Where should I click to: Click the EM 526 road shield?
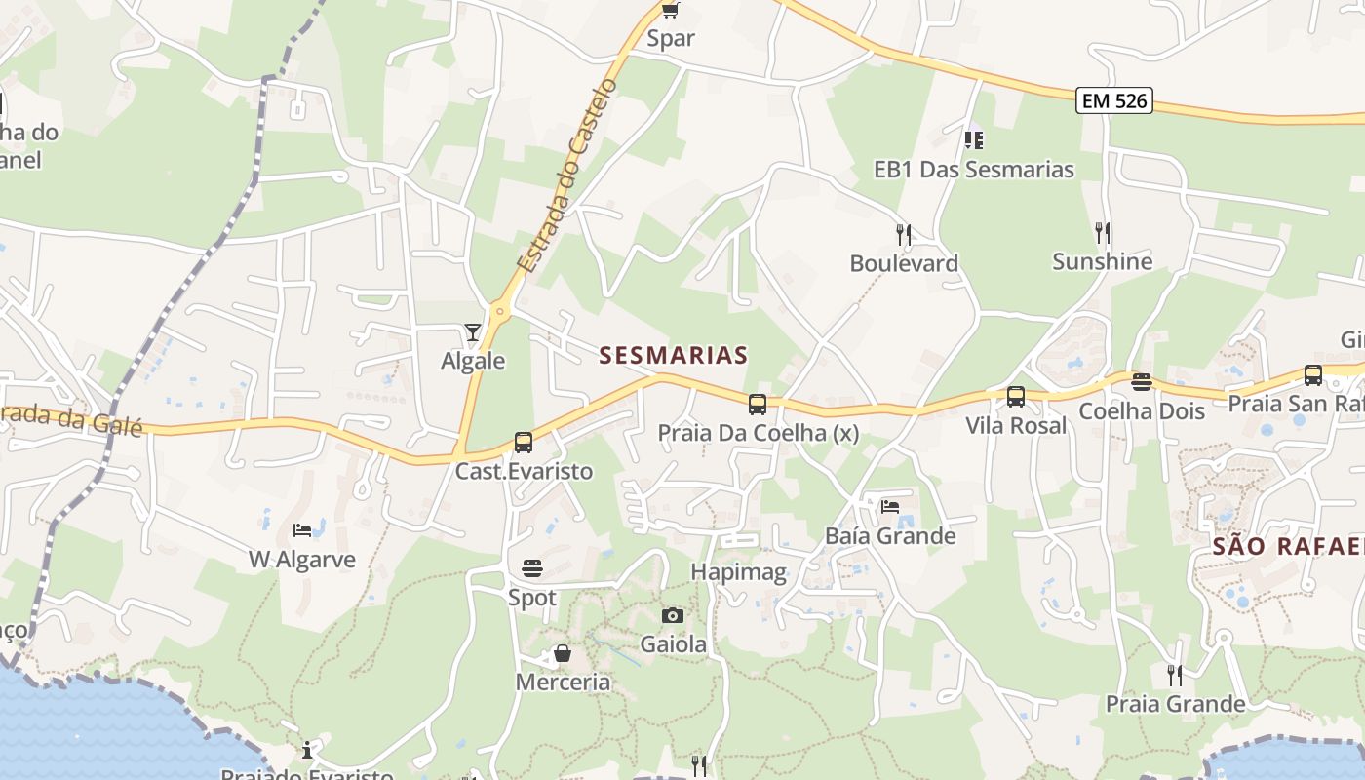point(1114,99)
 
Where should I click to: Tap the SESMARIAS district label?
point(674,355)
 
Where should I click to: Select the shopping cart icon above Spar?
point(670,10)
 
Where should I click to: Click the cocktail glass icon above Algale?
point(473,332)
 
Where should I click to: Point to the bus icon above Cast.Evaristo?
point(524,443)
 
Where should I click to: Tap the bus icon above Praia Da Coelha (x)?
point(758,404)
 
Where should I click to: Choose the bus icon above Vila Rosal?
point(1016,397)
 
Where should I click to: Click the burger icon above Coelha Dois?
point(1142,381)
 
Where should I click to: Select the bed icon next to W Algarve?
point(302,530)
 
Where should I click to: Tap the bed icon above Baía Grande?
point(890,506)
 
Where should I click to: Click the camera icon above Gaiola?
point(673,615)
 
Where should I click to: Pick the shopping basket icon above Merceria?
point(563,653)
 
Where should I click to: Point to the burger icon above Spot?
point(532,567)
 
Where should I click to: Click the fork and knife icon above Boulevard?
point(904,234)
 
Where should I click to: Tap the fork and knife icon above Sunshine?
point(1103,232)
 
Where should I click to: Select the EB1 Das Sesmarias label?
point(973,170)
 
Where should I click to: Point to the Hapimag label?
point(739,572)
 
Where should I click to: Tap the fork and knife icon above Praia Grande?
point(1175,675)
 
